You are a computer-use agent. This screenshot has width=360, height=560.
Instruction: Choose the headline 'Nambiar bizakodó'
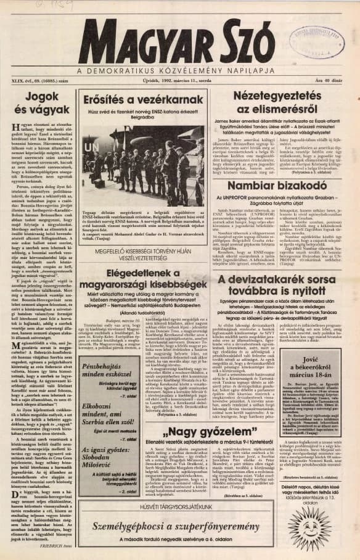(280, 183)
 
